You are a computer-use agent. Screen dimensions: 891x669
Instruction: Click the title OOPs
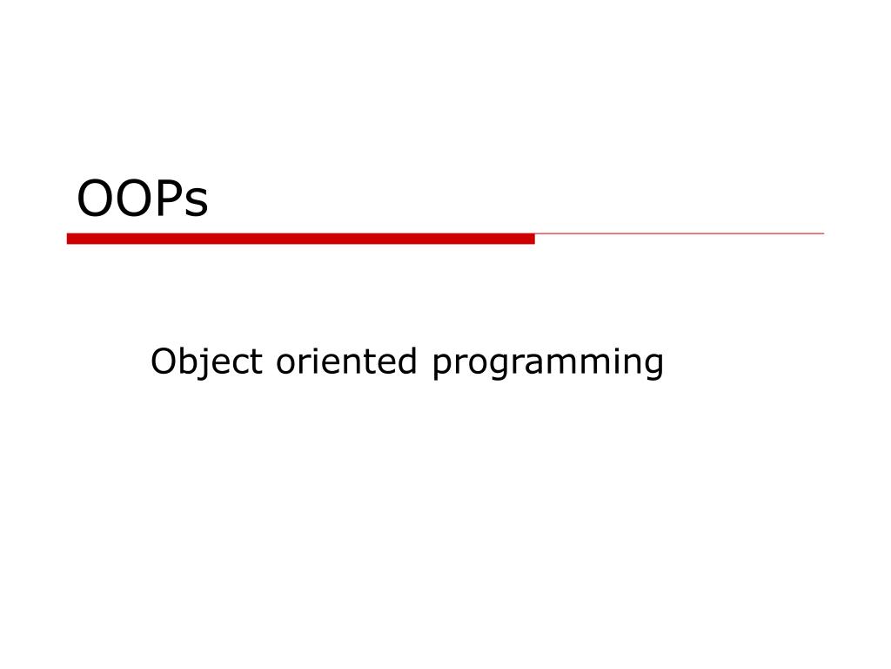(x=143, y=198)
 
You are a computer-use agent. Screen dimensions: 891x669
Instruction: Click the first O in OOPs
(x=95, y=198)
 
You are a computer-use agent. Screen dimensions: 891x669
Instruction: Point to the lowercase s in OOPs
(x=198, y=203)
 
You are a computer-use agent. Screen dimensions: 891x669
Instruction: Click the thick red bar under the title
(x=300, y=239)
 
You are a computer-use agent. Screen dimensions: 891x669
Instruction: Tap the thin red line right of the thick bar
(x=679, y=233)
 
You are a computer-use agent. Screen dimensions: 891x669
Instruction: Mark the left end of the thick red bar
(x=68, y=239)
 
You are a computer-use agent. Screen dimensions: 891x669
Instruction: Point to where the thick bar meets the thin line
(x=535, y=233)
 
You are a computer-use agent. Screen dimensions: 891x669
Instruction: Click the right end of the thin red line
(x=823, y=233)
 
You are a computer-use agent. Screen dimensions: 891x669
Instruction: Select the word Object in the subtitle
(x=206, y=362)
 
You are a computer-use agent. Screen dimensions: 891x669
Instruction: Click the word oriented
(x=346, y=361)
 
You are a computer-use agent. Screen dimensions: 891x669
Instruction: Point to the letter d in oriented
(x=407, y=361)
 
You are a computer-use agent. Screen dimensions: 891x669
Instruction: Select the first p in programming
(x=443, y=368)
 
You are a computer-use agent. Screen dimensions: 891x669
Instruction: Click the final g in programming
(x=653, y=368)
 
